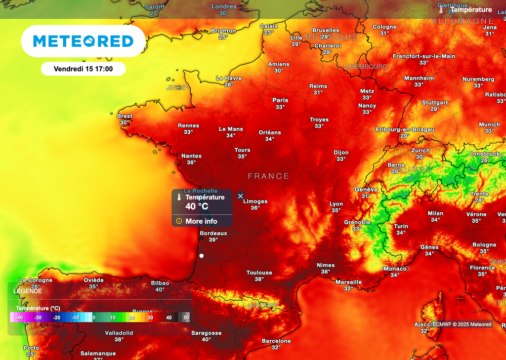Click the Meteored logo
tap(83, 41)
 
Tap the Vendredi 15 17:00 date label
tap(83, 69)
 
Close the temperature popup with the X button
tap(241, 196)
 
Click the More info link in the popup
tap(201, 221)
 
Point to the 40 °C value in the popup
tap(197, 206)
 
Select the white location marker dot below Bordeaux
tap(202, 256)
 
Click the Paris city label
tap(280, 100)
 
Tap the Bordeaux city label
tap(213, 233)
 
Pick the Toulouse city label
tap(259, 273)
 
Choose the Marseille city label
tap(349, 282)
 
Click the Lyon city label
tap(336, 204)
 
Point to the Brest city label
tap(125, 117)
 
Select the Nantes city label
tap(191, 156)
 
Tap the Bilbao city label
tap(160, 283)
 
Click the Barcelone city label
tap(276, 341)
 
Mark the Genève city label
tap(366, 190)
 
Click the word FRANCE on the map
tap(268, 176)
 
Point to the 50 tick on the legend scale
tap(186, 318)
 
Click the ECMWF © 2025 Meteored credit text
tap(462, 324)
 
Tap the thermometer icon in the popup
tap(179, 197)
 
